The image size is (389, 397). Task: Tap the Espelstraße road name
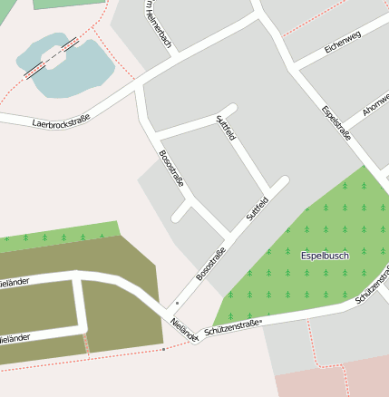click(x=336, y=123)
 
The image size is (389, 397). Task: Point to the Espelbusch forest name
click(x=324, y=256)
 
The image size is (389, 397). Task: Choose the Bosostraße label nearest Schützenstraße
click(x=210, y=263)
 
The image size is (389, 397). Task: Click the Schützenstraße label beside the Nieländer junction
click(x=233, y=328)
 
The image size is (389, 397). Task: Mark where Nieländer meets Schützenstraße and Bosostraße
click(x=193, y=339)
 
